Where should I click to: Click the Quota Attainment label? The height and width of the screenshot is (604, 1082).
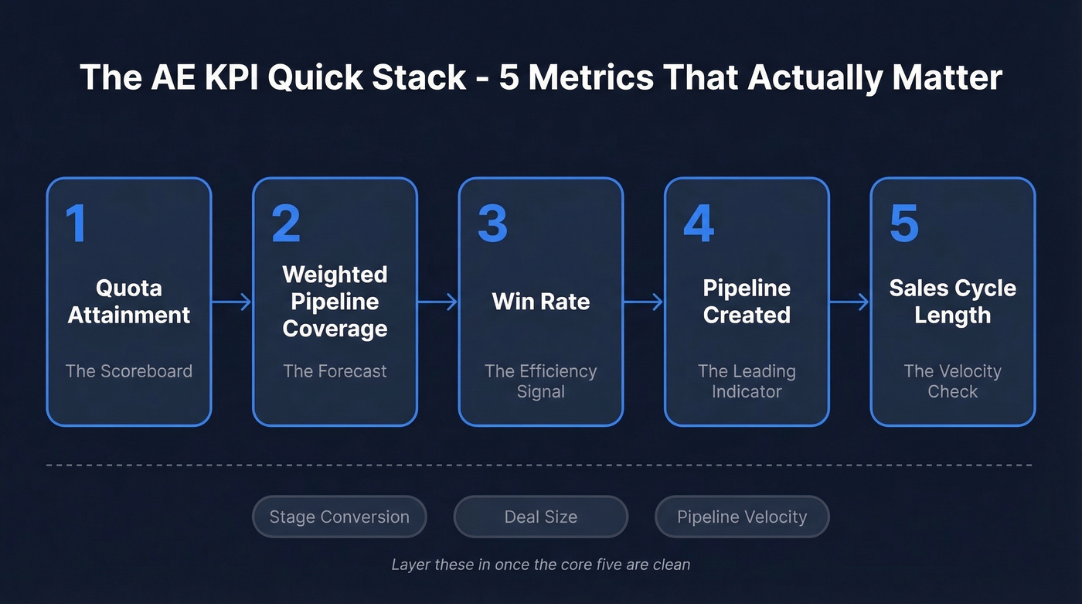(x=129, y=302)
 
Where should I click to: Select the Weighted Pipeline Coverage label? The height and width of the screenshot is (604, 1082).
(x=335, y=302)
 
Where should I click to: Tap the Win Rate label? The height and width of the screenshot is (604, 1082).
(x=541, y=302)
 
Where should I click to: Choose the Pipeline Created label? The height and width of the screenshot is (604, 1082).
(x=747, y=302)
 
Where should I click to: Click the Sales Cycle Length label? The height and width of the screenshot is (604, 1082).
(x=952, y=302)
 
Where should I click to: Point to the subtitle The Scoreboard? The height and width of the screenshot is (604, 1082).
(x=129, y=371)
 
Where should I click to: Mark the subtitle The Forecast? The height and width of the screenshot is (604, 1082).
(x=335, y=371)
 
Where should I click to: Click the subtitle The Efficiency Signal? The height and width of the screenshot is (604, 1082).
(x=541, y=381)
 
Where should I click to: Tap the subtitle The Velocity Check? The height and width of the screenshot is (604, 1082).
(x=952, y=381)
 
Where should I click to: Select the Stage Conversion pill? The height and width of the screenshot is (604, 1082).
(x=339, y=517)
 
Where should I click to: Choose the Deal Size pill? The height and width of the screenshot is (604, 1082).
(x=541, y=517)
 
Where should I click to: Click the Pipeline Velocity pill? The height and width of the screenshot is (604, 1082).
(x=742, y=517)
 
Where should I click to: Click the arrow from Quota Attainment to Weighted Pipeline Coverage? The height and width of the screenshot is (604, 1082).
(x=232, y=302)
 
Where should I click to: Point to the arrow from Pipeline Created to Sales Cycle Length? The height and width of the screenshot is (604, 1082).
(x=849, y=302)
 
